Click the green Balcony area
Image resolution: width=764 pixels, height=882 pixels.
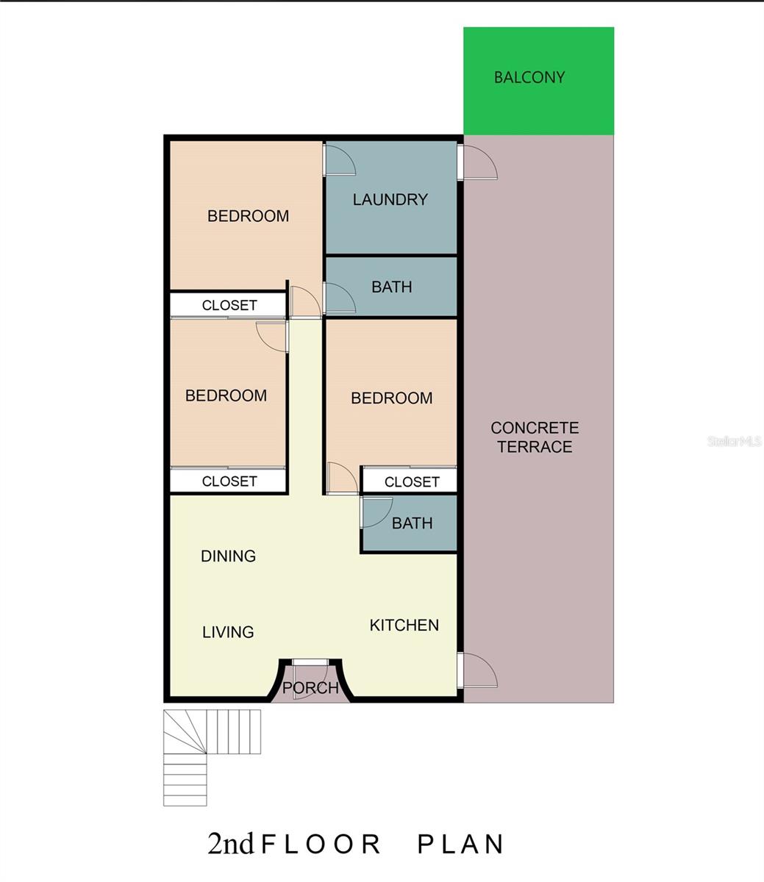click(x=539, y=81)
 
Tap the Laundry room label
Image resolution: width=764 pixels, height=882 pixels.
click(x=390, y=200)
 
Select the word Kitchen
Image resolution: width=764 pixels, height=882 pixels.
click(x=404, y=625)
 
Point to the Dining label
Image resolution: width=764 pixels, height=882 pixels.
click(x=229, y=556)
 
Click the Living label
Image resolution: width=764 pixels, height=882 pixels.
click(x=228, y=632)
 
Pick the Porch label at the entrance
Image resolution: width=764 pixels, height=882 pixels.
click(x=310, y=687)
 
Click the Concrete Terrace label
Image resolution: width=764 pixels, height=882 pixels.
click(x=535, y=437)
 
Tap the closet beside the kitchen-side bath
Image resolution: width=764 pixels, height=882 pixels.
click(x=409, y=481)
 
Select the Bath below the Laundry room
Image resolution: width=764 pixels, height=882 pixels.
click(x=391, y=287)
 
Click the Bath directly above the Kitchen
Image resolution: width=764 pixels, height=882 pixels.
click(x=409, y=523)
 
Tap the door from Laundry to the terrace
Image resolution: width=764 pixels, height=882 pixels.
click(x=477, y=162)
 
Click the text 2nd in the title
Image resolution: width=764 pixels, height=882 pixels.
click(x=230, y=844)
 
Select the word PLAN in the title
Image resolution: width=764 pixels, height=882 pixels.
click(x=460, y=845)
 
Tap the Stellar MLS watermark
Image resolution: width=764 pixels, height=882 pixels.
click(x=734, y=441)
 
